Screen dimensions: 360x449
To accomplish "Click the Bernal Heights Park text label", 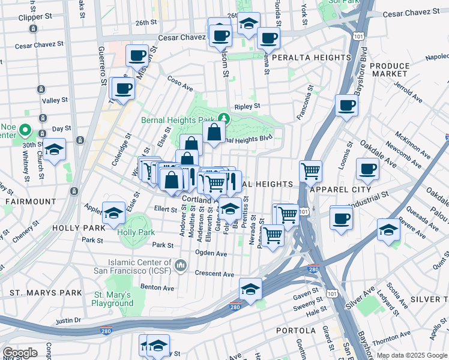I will [178, 120].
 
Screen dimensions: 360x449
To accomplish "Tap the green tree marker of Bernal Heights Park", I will [224, 118].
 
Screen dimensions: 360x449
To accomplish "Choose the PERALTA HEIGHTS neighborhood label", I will [311, 58].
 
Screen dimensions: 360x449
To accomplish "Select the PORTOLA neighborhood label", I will [295, 331].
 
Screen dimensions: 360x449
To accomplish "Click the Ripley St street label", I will [247, 107].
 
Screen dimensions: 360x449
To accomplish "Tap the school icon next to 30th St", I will [54, 151].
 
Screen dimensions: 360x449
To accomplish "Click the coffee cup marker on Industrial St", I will [341, 217].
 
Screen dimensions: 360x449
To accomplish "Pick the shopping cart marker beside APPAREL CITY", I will [310, 171].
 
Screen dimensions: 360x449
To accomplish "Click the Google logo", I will [20, 353].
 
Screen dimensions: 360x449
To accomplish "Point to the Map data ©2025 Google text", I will [411, 355].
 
